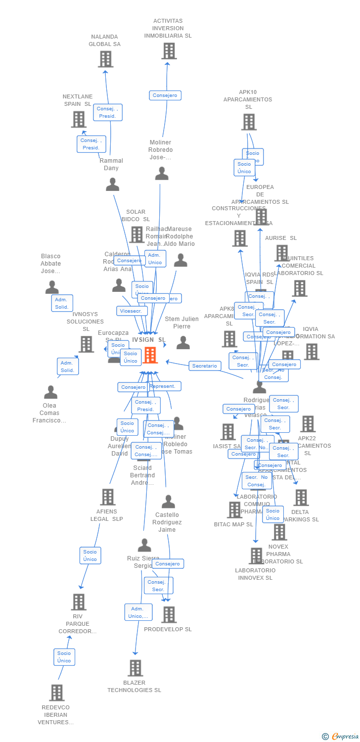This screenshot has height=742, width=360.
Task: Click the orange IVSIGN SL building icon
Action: [x=150, y=355]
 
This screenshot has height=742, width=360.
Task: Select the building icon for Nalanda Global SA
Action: [x=105, y=59]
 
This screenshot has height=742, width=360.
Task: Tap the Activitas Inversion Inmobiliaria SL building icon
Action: [x=169, y=51]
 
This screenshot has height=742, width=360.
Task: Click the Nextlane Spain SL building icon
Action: [x=79, y=119]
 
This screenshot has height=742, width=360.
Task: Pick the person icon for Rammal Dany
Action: [x=113, y=185]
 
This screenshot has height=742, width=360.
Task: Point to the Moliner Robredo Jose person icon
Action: [x=162, y=174]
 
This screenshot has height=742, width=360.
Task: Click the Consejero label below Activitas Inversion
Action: [x=165, y=95]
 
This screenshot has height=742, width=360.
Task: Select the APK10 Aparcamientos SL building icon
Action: [x=249, y=122]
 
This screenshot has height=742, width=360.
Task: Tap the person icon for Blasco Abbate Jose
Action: [x=52, y=287]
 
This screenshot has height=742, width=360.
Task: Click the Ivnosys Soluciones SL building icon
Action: [x=86, y=344]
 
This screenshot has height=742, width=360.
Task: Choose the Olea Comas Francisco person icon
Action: [x=50, y=392]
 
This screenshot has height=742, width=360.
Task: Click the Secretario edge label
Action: [x=204, y=366]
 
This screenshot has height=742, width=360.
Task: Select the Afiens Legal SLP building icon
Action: [x=108, y=497]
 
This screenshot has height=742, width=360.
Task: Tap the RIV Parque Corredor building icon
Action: [x=79, y=602]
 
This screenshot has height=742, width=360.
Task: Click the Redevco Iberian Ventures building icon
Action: [x=57, y=693]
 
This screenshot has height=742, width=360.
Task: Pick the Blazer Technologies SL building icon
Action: [x=135, y=668]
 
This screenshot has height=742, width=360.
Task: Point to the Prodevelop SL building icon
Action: [x=169, y=614]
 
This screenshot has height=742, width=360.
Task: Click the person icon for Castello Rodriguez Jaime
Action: [x=168, y=502]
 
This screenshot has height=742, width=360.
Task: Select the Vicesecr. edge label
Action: [x=132, y=311]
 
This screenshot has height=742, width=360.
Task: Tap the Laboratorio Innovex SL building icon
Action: [x=256, y=556]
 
